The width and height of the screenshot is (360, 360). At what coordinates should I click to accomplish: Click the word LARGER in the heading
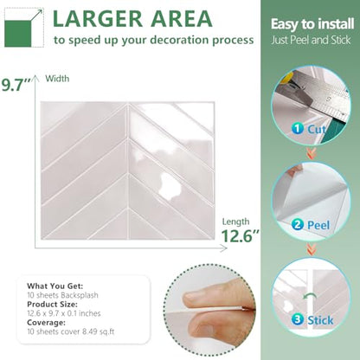pyautogui.click(x=98, y=19)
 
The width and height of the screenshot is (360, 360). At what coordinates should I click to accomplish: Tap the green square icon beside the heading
pyautogui.click(x=17, y=34)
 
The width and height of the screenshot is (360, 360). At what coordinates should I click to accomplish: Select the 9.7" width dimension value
pyautogui.click(x=16, y=86)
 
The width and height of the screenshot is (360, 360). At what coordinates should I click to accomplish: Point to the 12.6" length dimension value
pyautogui.click(x=240, y=235)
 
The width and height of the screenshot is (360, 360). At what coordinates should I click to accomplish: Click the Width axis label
pyautogui.click(x=57, y=79)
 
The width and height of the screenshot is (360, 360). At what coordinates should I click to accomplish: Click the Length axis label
pyautogui.click(x=235, y=222)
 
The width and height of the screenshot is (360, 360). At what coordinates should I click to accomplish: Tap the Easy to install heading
pyautogui.click(x=312, y=24)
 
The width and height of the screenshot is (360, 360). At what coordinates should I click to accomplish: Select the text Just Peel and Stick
pyautogui.click(x=311, y=40)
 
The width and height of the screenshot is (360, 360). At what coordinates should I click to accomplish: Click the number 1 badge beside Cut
pyautogui.click(x=298, y=128)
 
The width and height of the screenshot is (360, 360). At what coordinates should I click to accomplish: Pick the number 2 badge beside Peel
pyautogui.click(x=298, y=224)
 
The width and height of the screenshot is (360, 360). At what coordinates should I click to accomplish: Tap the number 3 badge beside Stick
pyautogui.click(x=298, y=319)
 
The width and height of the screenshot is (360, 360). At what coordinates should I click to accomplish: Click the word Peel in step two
pyautogui.click(x=318, y=225)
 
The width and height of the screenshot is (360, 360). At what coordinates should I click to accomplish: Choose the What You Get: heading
pyautogui.click(x=55, y=286)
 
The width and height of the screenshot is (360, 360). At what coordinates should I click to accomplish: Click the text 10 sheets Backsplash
pyautogui.click(x=62, y=295)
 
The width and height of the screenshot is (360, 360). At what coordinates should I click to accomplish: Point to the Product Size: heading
pyautogui.click(x=52, y=305)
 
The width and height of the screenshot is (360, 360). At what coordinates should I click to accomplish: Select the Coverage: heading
pyautogui.click(x=46, y=323)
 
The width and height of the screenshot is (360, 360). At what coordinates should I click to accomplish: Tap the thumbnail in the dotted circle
pyautogui.click(x=209, y=310)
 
